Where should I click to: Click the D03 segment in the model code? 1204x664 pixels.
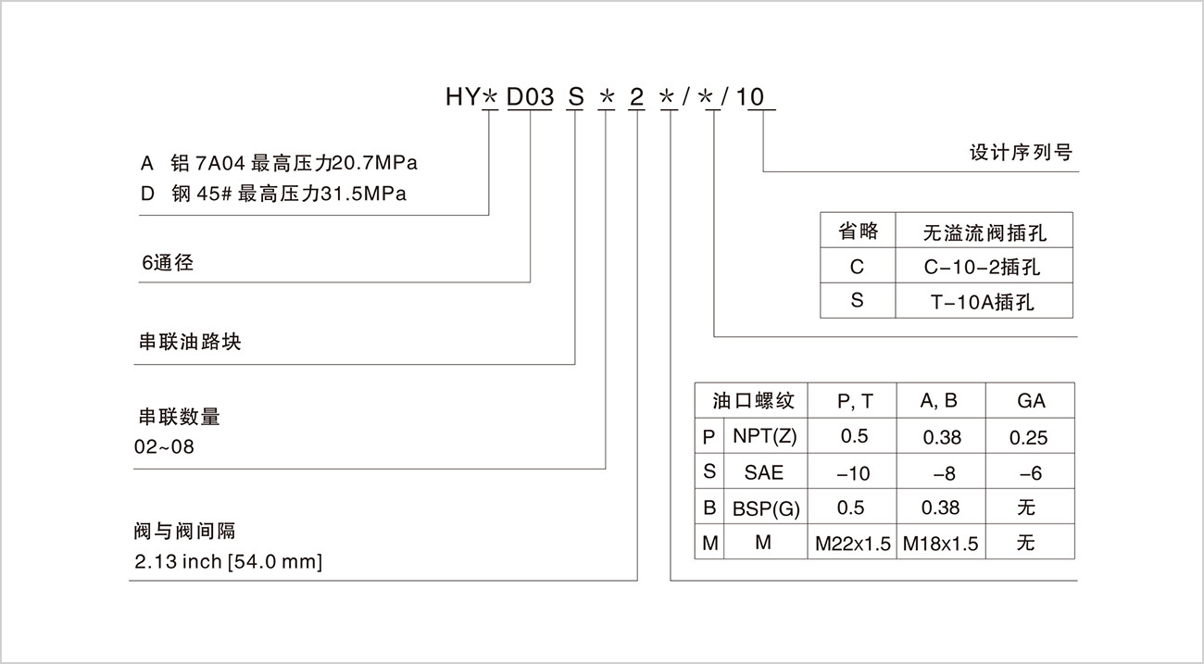click(x=530, y=97)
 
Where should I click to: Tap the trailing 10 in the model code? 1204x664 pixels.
click(x=749, y=97)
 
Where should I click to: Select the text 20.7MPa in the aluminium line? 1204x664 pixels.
click(x=375, y=163)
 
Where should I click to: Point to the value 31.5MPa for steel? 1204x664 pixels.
click(x=363, y=194)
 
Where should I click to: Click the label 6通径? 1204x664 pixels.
click(x=168, y=262)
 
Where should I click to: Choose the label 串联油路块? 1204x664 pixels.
click(x=190, y=342)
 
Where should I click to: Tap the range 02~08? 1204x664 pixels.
click(x=164, y=446)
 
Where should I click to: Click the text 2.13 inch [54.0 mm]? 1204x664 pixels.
click(x=229, y=562)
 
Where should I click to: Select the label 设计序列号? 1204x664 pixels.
click(x=1021, y=153)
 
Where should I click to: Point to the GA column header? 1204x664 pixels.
click(x=1031, y=401)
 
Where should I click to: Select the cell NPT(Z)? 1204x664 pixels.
click(x=765, y=436)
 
